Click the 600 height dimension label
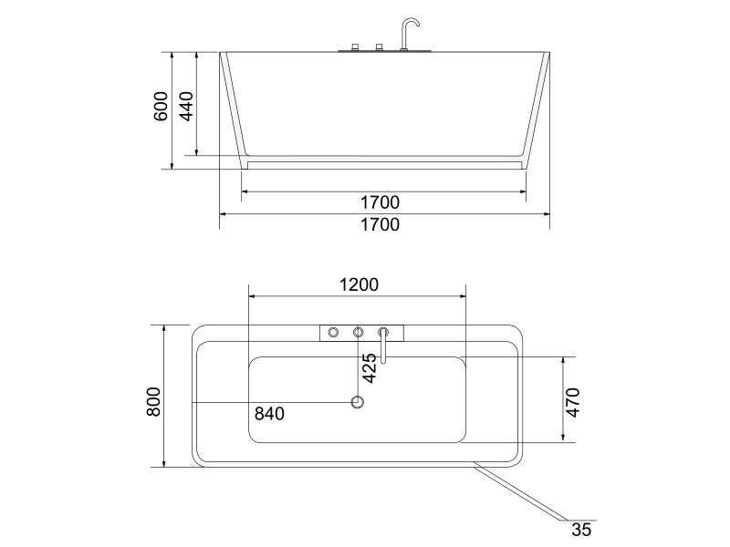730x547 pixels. pyautogui.click(x=161, y=107)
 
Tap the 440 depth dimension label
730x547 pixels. pyautogui.click(x=185, y=107)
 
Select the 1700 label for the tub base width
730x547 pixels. pyautogui.click(x=380, y=201)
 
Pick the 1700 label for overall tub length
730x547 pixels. pyautogui.click(x=380, y=224)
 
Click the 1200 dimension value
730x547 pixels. pyautogui.click(x=359, y=284)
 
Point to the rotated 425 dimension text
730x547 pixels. pyautogui.click(x=369, y=366)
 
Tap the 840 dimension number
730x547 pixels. pyautogui.click(x=269, y=414)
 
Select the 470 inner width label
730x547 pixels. pyautogui.click(x=573, y=401)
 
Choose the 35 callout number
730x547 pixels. pyautogui.click(x=581, y=529)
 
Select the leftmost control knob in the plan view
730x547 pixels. pyautogui.click(x=333, y=332)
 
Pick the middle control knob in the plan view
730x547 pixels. pyautogui.click(x=359, y=332)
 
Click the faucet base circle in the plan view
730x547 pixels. pyautogui.click(x=384, y=332)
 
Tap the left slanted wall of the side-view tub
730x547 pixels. pyautogui.click(x=233, y=109)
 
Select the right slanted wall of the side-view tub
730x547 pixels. pyautogui.click(x=537, y=109)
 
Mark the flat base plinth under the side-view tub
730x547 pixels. pyautogui.click(x=383, y=165)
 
